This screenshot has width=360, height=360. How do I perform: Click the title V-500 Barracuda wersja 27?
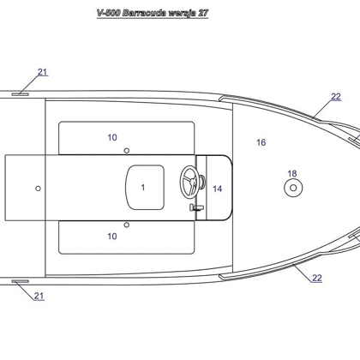(x=153, y=13)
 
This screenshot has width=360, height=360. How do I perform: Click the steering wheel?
(x=189, y=182)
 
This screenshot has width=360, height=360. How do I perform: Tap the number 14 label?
(x=217, y=189)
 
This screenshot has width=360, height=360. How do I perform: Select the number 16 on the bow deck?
(x=261, y=142)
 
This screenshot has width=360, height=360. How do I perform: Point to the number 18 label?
(x=292, y=173)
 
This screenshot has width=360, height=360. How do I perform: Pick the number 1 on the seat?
(x=143, y=188)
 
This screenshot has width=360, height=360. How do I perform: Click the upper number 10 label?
(x=112, y=137)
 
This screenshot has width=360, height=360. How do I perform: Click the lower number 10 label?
(x=112, y=237)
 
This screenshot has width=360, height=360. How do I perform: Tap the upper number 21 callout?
(x=43, y=72)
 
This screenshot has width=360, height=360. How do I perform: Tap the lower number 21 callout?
(x=39, y=296)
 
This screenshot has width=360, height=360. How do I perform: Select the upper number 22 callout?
(x=336, y=97)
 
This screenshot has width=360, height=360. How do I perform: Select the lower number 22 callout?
(x=317, y=278)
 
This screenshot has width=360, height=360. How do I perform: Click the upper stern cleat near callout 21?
(x=20, y=94)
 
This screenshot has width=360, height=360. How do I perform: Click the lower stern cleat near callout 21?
(x=20, y=281)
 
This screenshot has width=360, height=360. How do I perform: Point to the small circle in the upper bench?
(x=126, y=150)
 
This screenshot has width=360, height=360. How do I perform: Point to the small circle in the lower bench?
(x=126, y=225)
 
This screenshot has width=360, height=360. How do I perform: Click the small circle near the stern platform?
(x=38, y=189)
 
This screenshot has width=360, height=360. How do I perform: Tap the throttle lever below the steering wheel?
(x=196, y=207)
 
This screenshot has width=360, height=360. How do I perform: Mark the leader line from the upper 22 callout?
(x=323, y=109)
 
